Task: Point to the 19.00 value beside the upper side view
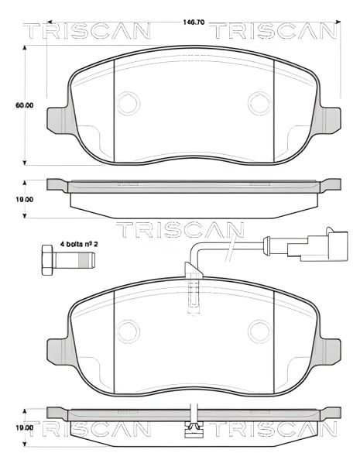coord(25,199)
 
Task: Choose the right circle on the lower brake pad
coord(259,333)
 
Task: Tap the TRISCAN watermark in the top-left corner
coord(85,30)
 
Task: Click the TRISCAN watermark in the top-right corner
coord(275,30)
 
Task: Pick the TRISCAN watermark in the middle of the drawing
coord(180,229)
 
